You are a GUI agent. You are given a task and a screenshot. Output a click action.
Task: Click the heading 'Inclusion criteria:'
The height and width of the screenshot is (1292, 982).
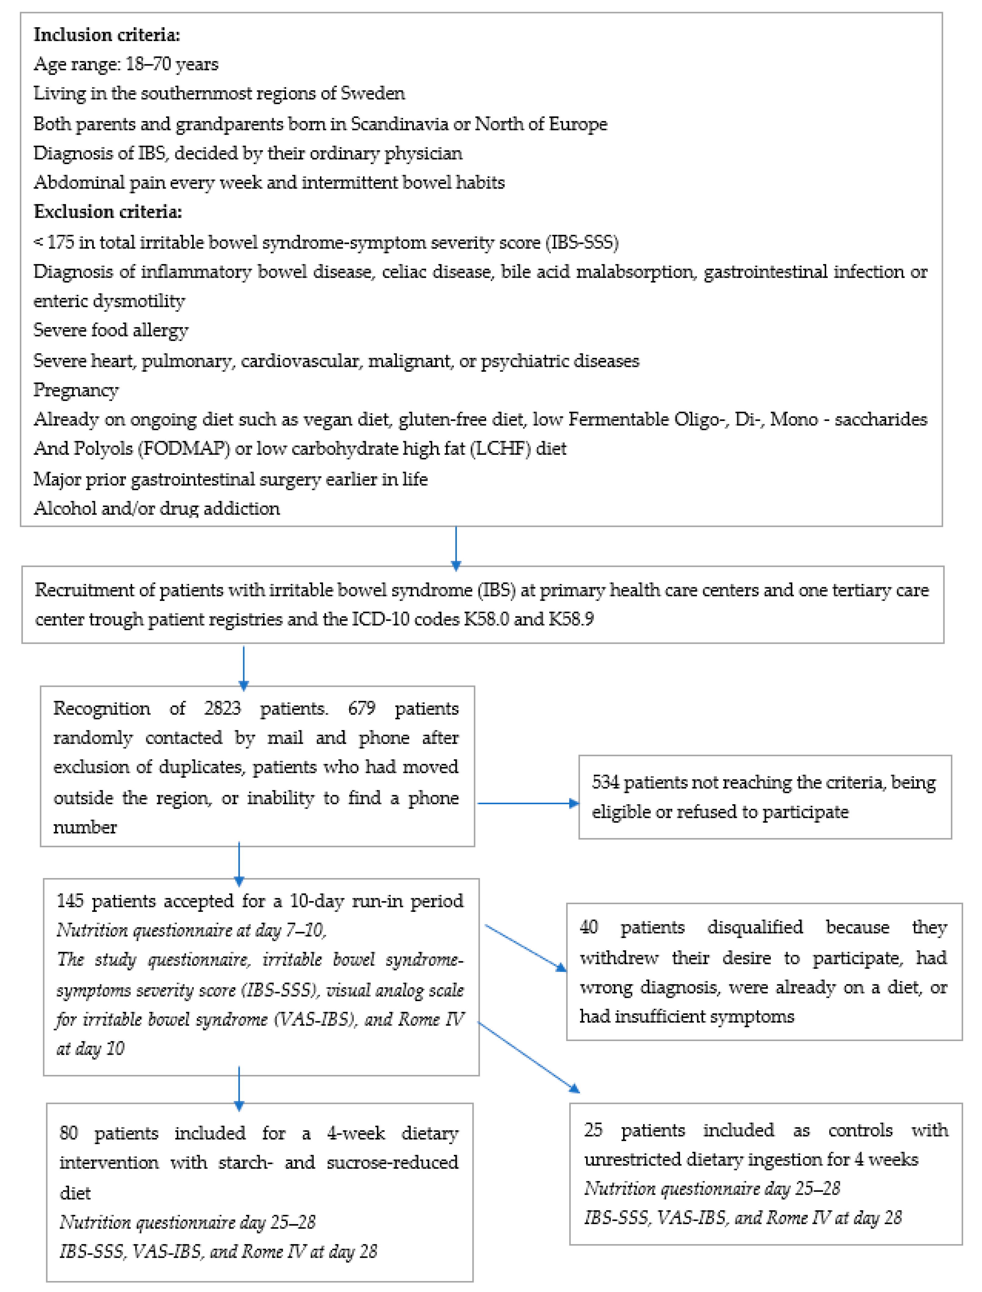(x=106, y=35)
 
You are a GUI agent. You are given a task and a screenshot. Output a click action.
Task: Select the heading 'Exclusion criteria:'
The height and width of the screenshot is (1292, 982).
(x=108, y=212)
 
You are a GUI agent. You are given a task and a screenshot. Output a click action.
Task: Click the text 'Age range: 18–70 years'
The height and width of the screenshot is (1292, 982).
(x=126, y=64)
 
